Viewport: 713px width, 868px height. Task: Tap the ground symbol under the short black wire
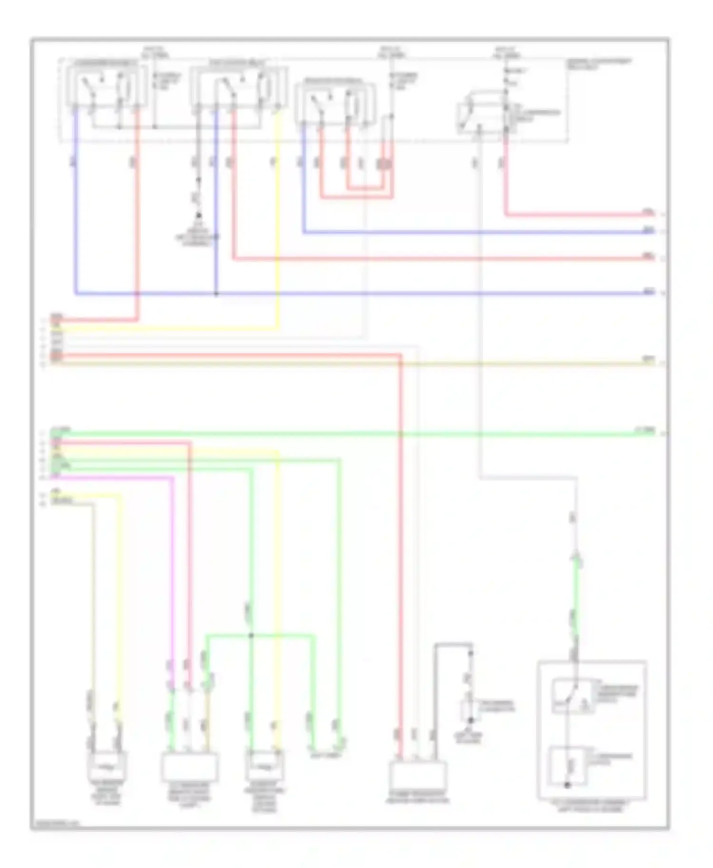[x=199, y=216]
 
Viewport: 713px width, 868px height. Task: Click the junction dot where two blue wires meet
[x=216, y=294]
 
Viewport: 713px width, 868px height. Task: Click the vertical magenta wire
[x=172, y=570]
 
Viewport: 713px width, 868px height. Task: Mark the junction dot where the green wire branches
[x=251, y=635]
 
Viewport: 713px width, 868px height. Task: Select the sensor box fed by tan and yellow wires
[x=107, y=765]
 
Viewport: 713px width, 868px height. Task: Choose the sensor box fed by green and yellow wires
[x=264, y=765]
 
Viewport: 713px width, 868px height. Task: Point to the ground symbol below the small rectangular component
[x=471, y=721]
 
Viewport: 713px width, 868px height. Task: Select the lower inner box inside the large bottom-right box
[x=568, y=766]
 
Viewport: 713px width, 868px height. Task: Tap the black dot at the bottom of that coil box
[x=567, y=785]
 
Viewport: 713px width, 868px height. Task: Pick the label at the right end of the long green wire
[x=645, y=430]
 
